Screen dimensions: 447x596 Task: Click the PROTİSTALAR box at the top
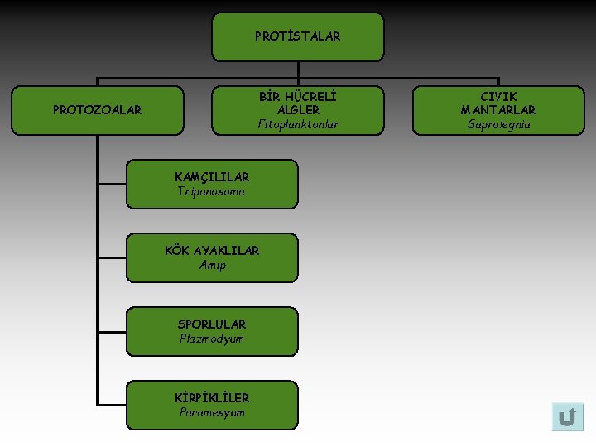298,36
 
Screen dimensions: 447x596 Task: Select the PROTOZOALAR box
98,109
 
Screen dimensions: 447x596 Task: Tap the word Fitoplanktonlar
298,124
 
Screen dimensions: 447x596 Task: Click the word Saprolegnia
498,124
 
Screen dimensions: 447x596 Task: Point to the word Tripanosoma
211,191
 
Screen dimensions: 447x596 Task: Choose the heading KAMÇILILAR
212,176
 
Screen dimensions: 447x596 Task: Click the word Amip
212,265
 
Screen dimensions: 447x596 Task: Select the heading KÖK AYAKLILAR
212,250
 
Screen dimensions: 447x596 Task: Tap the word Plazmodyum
212,339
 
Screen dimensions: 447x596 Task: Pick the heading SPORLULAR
212,324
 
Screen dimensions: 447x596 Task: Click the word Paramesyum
212,412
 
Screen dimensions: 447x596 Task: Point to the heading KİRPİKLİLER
212,397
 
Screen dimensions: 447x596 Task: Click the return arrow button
568,416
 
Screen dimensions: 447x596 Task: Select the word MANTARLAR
498,109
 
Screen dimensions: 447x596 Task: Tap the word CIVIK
498,96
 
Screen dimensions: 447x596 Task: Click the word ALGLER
298,109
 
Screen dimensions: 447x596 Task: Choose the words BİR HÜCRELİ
298,96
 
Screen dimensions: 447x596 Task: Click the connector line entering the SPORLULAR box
112,331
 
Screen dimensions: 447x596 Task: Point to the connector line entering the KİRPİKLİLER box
112,405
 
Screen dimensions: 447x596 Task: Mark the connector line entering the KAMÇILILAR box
112,184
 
